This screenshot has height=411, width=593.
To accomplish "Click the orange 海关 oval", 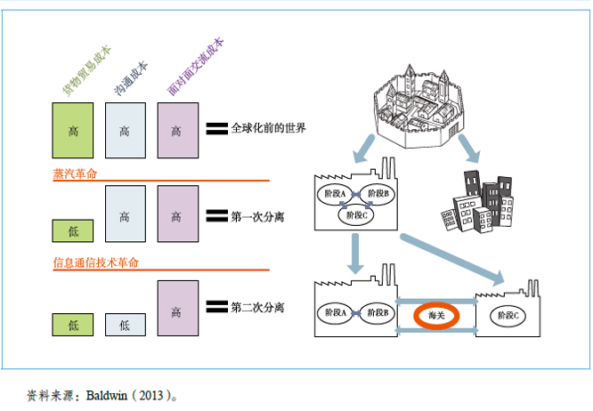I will point(436,316).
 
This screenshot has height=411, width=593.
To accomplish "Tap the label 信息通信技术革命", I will point(96,262).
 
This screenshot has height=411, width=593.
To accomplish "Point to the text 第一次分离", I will point(257,215).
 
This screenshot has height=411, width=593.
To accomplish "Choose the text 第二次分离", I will point(257,307).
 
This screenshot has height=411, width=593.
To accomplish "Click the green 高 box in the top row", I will point(73,131).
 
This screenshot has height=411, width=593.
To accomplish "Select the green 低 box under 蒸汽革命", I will point(73,231).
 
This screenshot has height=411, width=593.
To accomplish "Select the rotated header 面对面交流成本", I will point(195,67).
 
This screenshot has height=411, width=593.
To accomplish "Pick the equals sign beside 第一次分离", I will point(215,215).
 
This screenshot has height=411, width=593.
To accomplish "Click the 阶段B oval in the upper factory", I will point(381,193).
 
